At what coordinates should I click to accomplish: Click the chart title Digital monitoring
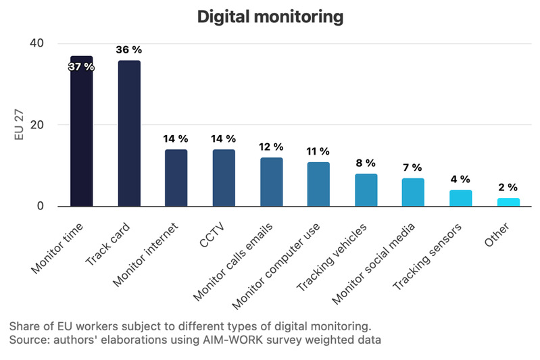point(270,16)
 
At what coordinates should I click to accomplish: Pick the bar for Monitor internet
point(176,178)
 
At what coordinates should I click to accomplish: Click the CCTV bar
point(224,178)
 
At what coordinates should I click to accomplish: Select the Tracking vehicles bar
point(366,190)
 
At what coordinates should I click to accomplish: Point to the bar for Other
point(508,202)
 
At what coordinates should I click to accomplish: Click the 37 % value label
point(82,67)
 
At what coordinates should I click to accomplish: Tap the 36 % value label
point(129,49)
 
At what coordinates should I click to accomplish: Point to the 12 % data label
point(271,147)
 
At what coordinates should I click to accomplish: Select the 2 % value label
point(508,187)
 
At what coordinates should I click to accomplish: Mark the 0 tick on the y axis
point(40,206)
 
